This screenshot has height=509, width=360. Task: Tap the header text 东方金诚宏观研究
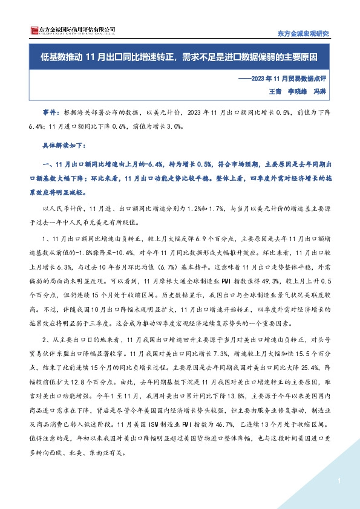click(x=303, y=34)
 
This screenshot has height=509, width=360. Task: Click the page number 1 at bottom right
click(x=341, y=481)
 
